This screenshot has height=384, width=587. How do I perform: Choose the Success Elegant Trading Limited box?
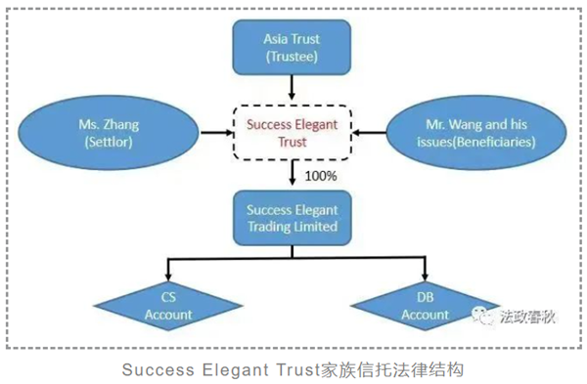tap(291, 218)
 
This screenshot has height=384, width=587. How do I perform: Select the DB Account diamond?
tap(425, 307)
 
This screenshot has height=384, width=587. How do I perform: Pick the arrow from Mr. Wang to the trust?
tap(372, 133)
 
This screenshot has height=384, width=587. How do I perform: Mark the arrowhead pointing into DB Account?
tap(425, 277)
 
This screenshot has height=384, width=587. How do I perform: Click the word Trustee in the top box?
tap(292, 58)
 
